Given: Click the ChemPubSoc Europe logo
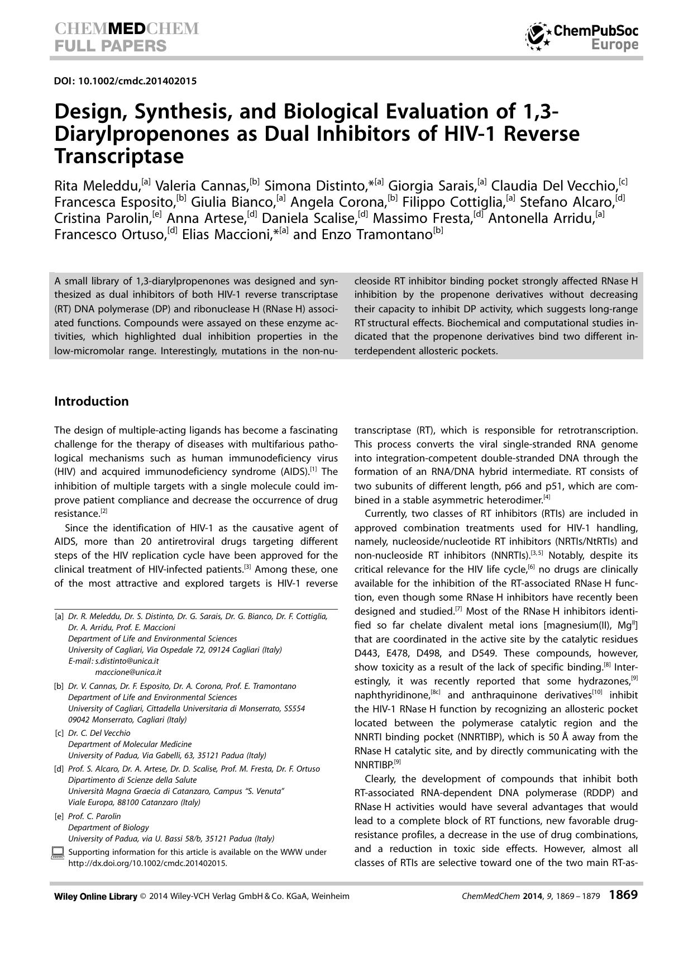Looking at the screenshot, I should click(582, 37).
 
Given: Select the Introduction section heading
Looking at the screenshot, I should click(91, 401).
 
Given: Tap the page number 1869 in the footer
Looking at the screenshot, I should click(623, 895).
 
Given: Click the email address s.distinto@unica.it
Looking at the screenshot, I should click(127, 661).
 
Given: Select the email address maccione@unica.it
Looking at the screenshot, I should click(128, 672).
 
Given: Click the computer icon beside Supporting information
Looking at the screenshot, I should click(58, 852).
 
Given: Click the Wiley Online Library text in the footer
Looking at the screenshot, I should click(95, 896).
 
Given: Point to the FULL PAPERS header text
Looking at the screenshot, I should click(110, 46).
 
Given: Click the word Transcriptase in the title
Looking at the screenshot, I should click(118, 156).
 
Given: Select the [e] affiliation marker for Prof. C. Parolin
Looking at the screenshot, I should click(59, 816).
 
